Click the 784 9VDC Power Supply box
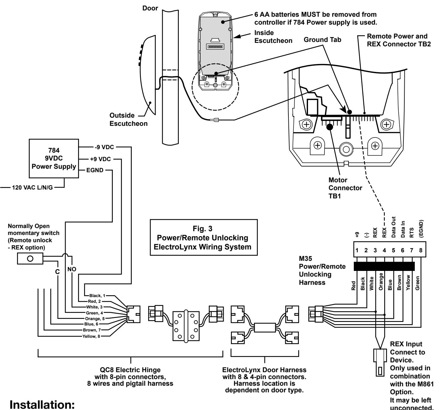[54, 158]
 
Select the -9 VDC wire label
[104, 147]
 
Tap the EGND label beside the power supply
[95, 170]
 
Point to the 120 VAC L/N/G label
[33, 188]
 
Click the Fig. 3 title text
[202, 229]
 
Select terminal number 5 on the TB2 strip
[393, 250]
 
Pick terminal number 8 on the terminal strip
[420, 250]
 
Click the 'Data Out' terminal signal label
[394, 227]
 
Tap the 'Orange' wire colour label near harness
[381, 281]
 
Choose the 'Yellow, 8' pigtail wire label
[91, 337]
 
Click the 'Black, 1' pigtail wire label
[97, 296]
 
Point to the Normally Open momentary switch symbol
[30, 259]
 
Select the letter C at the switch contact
[57, 272]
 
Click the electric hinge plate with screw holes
[186, 326]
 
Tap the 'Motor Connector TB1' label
[345, 188]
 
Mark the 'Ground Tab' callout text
[323, 40]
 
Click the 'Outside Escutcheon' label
[129, 119]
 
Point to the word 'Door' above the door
[150, 8]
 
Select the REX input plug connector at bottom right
[380, 363]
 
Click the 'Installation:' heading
[42, 404]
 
